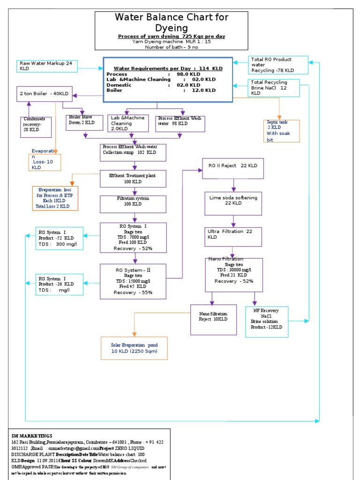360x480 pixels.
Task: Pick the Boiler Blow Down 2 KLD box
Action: [x=82, y=123]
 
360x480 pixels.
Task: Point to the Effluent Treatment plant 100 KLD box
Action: [x=133, y=178]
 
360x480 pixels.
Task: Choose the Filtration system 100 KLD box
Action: [x=133, y=202]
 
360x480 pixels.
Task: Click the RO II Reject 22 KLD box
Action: [x=232, y=168]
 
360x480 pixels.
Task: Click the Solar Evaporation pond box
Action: [x=134, y=348]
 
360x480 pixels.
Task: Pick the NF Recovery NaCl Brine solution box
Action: [x=267, y=322]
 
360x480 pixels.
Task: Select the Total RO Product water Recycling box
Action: [x=278, y=65]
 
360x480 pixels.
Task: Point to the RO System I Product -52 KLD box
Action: [x=60, y=238]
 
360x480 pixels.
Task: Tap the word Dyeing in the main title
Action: [x=172, y=28]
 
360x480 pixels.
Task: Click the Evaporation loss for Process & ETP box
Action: [x=55, y=197]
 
